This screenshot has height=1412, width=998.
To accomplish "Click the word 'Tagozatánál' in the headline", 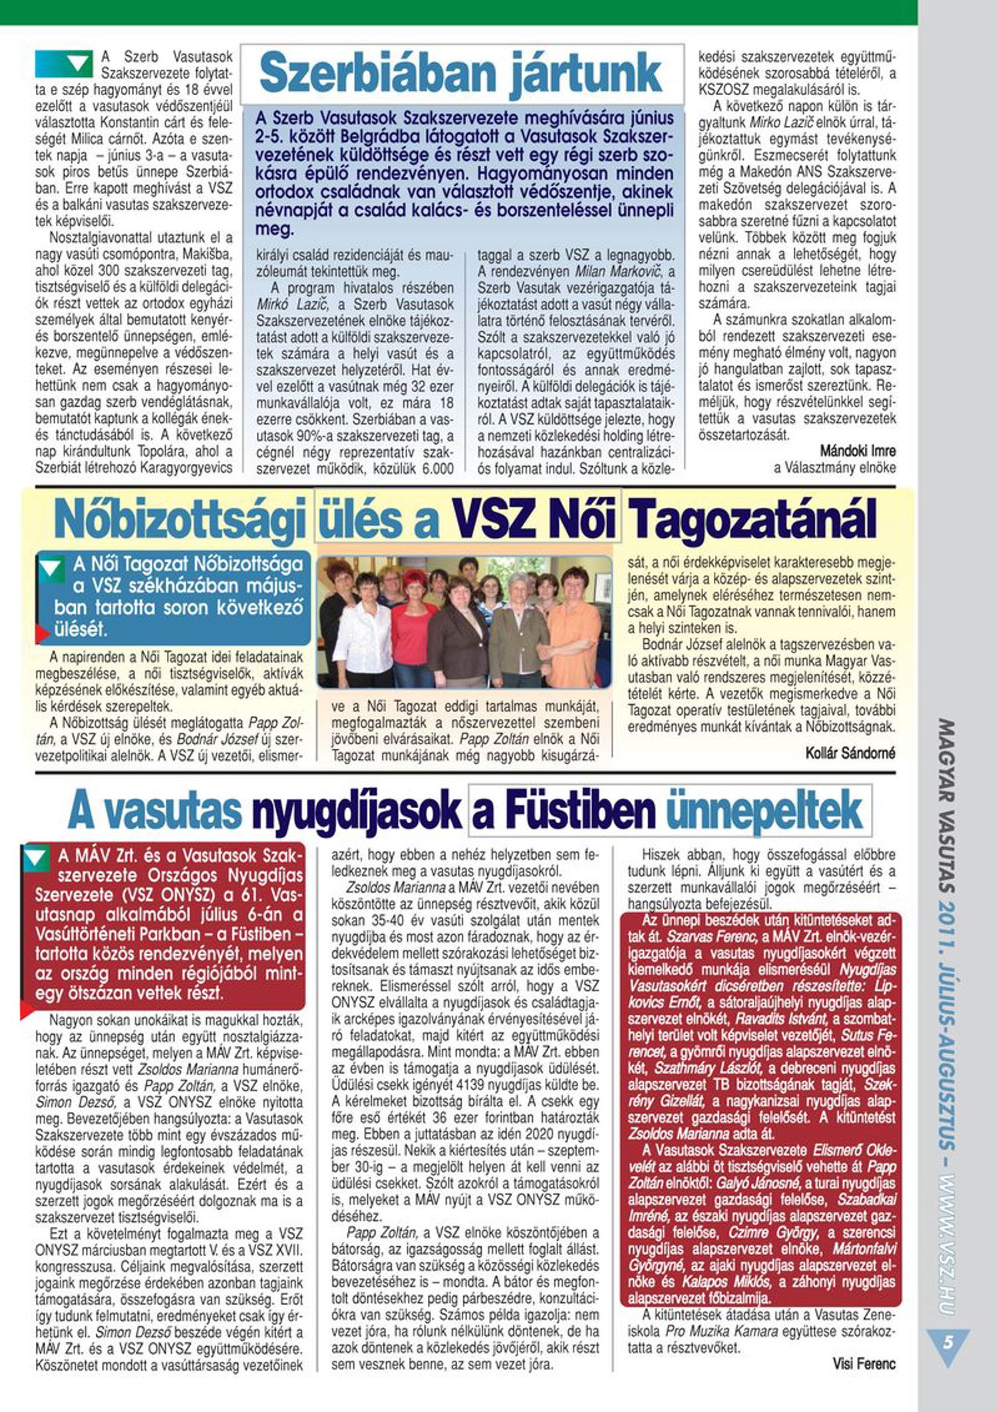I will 752,519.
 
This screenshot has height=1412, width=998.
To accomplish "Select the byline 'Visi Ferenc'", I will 864,1363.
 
